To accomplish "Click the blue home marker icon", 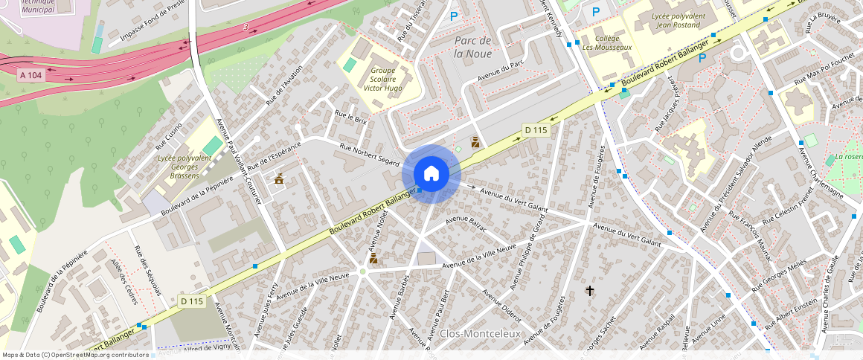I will (431, 174).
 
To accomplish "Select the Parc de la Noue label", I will (472, 47).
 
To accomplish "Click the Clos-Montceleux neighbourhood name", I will (479, 334).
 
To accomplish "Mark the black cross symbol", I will (590, 290).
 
